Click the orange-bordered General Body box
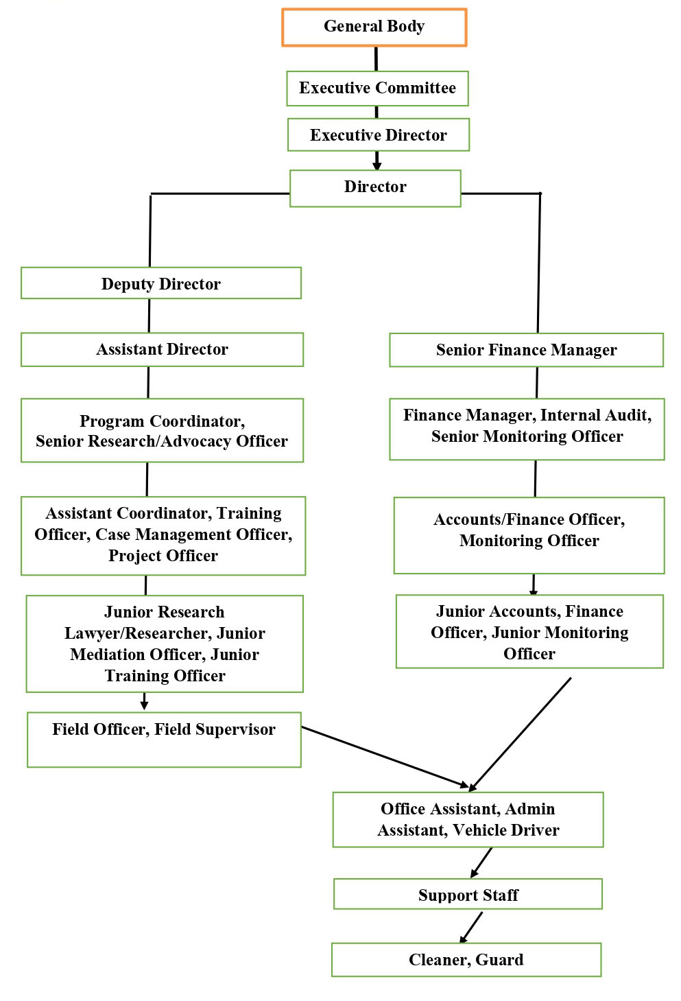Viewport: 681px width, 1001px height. coord(374,27)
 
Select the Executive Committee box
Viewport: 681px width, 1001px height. coord(377,89)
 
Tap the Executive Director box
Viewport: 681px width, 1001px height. coord(378,135)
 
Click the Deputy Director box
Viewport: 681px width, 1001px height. coord(161,283)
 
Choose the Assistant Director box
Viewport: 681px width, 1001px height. coord(162,350)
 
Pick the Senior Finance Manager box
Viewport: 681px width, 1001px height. coord(526,351)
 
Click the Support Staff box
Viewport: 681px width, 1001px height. coord(468,895)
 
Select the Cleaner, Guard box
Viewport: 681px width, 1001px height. coord(466,960)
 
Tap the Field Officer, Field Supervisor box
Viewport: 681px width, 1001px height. coord(164,740)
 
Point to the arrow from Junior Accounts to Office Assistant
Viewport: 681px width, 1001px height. coord(521,733)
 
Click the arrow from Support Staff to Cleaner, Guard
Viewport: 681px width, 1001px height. coord(472,927)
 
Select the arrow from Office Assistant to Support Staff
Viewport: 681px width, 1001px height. coord(482,862)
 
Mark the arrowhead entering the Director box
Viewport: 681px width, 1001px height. coord(377,165)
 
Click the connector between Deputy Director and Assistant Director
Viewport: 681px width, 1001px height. coord(149,316)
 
